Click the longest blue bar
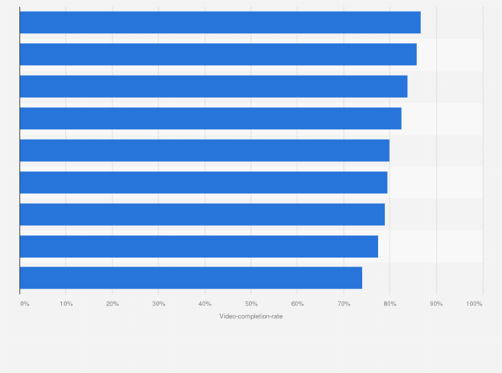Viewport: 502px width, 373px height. tap(220, 23)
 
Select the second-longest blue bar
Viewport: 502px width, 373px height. tap(218, 55)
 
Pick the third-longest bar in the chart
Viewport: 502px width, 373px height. tap(213, 87)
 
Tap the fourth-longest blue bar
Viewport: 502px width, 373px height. tap(210, 119)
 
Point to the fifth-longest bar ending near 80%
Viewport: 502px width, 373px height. tap(204, 151)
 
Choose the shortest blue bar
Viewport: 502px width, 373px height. tap(190, 278)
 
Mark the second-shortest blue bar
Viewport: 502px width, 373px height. tap(198, 246)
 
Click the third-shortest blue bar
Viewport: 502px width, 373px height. tap(202, 214)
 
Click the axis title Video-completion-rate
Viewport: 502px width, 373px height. tap(251, 316)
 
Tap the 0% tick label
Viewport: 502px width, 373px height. tap(25, 304)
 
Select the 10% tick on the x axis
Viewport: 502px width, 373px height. tap(67, 304)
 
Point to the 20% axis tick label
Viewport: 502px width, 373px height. tap(113, 304)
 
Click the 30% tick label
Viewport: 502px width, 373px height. tap(158, 304)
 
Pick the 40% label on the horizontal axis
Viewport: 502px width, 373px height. tap(205, 304)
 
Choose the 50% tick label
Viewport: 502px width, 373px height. tap(251, 304)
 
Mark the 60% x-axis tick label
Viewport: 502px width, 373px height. tap(298, 304)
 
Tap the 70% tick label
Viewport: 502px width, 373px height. tap(344, 304)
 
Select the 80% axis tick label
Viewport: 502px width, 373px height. tap(390, 304)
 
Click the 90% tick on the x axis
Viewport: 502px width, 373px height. tap(436, 304)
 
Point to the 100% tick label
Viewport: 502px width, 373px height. tap(474, 304)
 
